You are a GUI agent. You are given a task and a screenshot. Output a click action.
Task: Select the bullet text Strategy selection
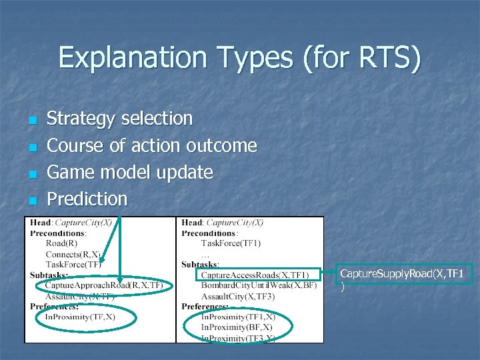click(119, 119)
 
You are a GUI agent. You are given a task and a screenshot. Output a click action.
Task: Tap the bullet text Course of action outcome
click(151, 145)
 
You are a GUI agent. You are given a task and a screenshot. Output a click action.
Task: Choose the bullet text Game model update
click(129, 172)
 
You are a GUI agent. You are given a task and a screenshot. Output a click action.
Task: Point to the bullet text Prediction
click(87, 199)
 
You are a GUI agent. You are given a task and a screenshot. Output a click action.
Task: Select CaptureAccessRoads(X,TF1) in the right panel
click(254, 275)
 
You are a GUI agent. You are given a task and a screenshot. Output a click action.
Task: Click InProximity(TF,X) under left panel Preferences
click(80, 317)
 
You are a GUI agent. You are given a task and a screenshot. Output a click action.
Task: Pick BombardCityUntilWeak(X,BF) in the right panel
click(259, 285)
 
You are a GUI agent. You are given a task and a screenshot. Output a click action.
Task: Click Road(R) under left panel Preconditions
click(62, 243)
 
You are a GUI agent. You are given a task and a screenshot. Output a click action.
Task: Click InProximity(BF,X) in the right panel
click(237, 327)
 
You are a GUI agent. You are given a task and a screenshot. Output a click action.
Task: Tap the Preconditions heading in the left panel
click(58, 233)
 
